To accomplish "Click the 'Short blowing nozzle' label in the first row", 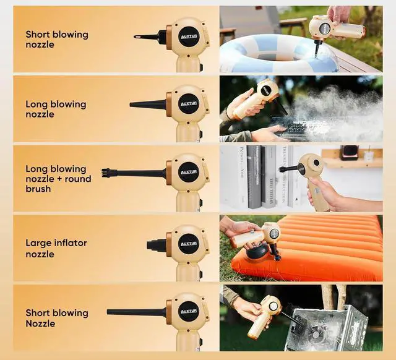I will pyautogui.click(x=57, y=40).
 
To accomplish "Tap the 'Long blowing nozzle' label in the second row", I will pyautogui.click(x=56, y=109).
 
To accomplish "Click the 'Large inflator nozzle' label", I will pyautogui.click(x=56, y=249).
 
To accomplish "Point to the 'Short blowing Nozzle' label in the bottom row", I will pyautogui.click(x=57, y=318).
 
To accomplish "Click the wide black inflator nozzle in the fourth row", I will pyautogui.click(x=156, y=244).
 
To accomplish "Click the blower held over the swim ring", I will pyautogui.click(x=334, y=28).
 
